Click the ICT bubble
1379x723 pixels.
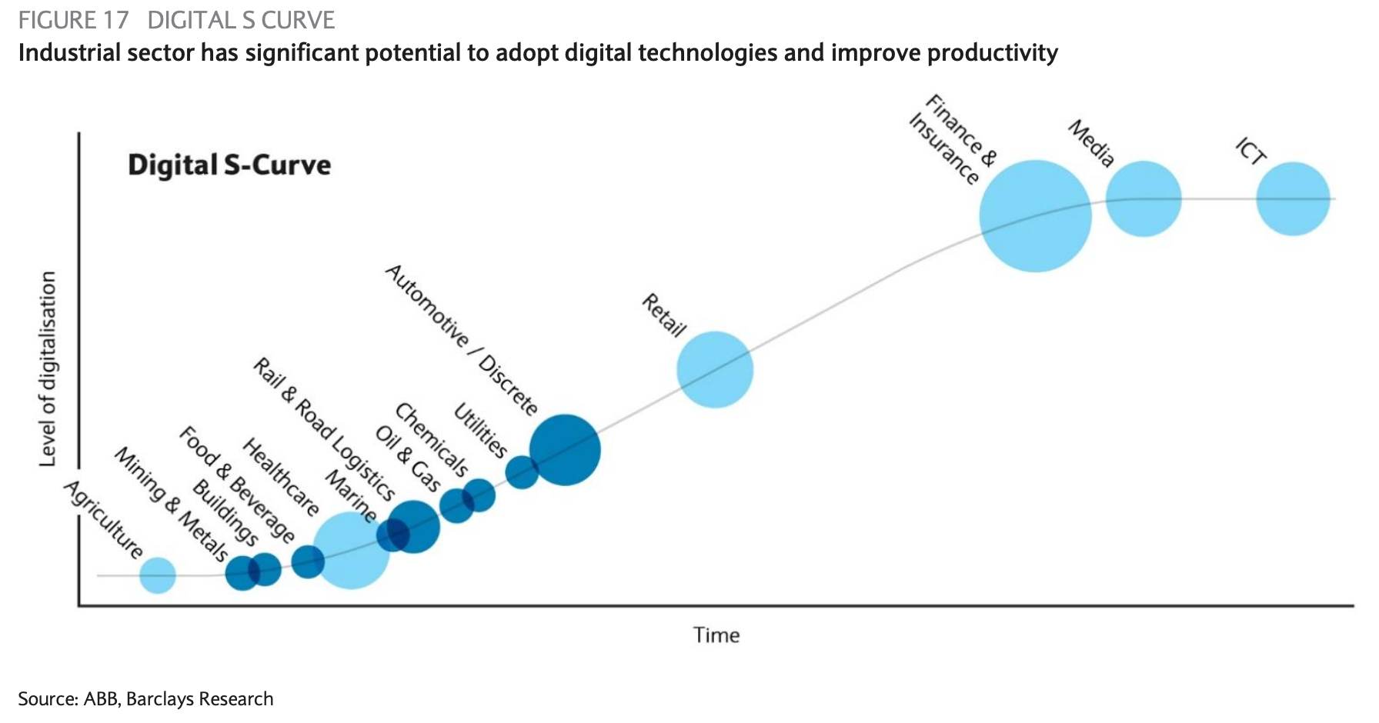[1293, 198]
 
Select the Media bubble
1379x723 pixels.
[1144, 198]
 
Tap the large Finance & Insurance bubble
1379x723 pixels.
[1035, 216]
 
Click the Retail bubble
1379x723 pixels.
[715, 369]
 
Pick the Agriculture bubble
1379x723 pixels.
[158, 575]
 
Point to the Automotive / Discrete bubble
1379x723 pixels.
[565, 450]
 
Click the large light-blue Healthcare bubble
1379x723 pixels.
[351, 551]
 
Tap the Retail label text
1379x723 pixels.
[664, 315]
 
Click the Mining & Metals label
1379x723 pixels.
[171, 504]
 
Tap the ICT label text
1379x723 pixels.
[1250, 151]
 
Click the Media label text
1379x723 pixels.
[1091, 144]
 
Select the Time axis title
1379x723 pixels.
[716, 635]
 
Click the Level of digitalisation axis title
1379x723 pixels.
[48, 369]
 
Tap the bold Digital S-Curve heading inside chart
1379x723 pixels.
[229, 165]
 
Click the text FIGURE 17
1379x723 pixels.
[74, 20]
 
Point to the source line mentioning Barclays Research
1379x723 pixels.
[146, 698]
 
